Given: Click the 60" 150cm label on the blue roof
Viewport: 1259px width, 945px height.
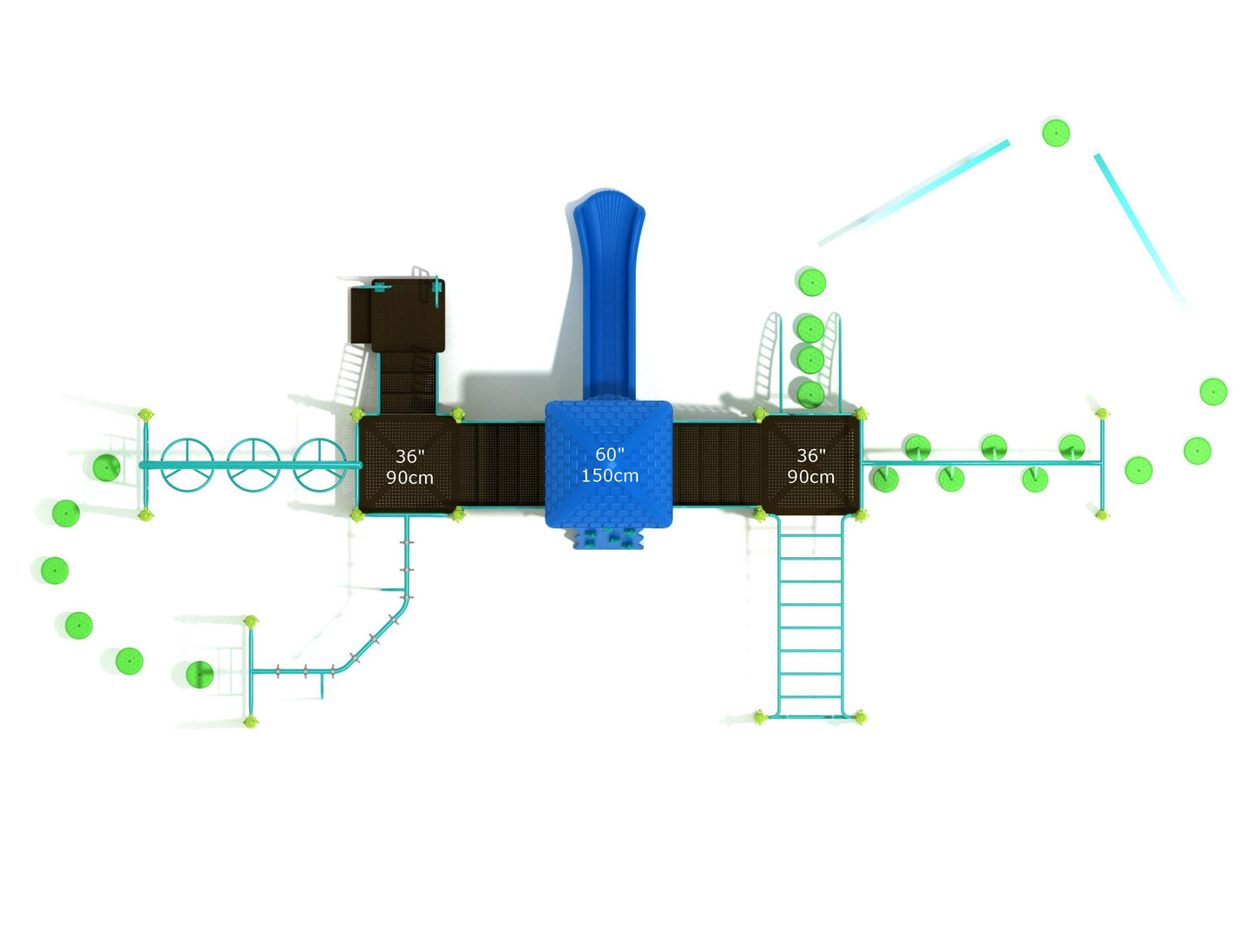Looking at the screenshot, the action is [609, 465].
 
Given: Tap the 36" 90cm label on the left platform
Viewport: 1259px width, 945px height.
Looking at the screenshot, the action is [409, 466].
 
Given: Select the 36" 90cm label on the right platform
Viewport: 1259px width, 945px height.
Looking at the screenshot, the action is [810, 466].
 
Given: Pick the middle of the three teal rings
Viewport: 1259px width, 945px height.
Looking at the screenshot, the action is [253, 465].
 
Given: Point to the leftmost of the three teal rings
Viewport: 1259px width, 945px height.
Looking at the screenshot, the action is [187, 465].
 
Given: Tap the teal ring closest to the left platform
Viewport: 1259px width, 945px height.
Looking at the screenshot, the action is [319, 465].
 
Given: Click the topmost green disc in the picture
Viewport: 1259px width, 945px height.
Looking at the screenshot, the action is [1055, 133].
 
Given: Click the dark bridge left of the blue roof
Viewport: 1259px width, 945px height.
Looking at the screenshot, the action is [501, 464].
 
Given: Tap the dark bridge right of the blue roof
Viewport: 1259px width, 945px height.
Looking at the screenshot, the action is [716, 464].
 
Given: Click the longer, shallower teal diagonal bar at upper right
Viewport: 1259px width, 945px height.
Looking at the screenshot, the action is [914, 193].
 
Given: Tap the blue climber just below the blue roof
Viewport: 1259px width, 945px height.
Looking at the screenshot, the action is [608, 538].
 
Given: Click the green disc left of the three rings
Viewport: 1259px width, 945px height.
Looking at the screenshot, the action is [106, 467].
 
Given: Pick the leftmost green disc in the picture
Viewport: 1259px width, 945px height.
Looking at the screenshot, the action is [55, 570].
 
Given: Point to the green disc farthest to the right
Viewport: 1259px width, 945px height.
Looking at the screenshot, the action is [1213, 391].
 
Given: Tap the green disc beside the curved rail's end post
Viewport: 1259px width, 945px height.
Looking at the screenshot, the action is [200, 674].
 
